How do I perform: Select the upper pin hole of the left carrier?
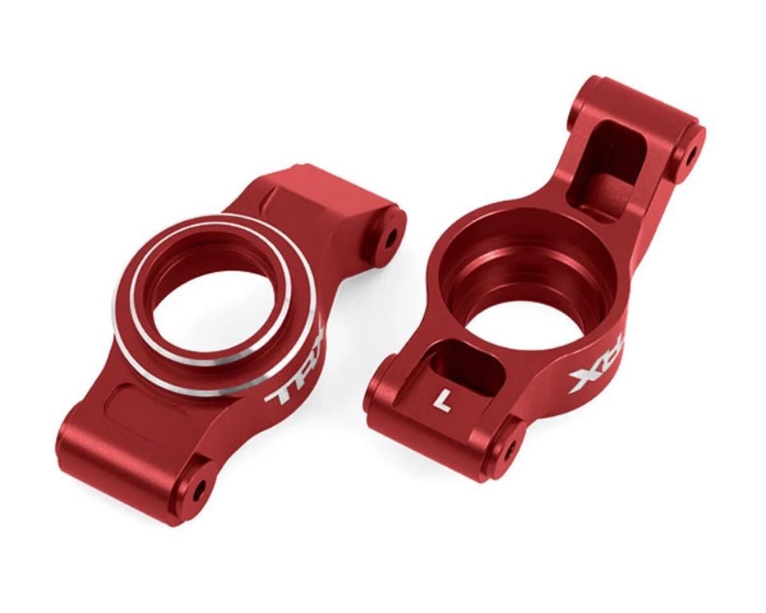pos(391,238)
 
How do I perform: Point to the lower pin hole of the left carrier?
pos(197,488)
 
